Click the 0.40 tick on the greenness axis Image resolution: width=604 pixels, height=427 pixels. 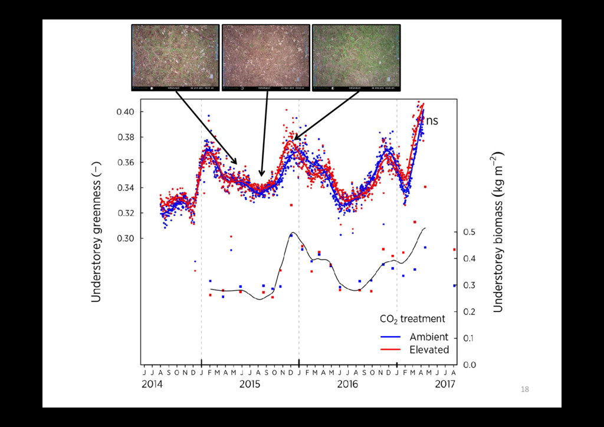tap(127, 112)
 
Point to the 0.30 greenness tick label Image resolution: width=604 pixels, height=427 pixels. tap(127, 238)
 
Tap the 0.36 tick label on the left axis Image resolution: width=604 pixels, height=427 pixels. tap(127, 163)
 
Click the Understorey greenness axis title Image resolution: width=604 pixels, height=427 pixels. tap(97, 231)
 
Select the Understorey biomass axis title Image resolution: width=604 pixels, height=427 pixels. tap(498, 231)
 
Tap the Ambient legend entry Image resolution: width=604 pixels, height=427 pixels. tap(429, 337)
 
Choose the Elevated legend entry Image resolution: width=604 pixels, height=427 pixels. tap(429, 350)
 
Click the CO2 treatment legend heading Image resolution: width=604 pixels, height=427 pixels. tap(412, 319)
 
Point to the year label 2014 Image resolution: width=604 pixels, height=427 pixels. tap(152, 385)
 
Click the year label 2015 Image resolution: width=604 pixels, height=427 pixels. tap(250, 385)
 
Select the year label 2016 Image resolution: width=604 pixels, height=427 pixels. tap(347, 385)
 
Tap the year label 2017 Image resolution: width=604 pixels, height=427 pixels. tap(445, 385)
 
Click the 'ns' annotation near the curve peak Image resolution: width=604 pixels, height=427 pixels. tap(432, 121)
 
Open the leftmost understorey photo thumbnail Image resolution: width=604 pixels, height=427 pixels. tap(175, 57)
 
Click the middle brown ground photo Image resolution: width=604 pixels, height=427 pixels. tap(265, 57)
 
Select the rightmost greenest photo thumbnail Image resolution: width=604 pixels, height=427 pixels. tap(356, 57)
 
